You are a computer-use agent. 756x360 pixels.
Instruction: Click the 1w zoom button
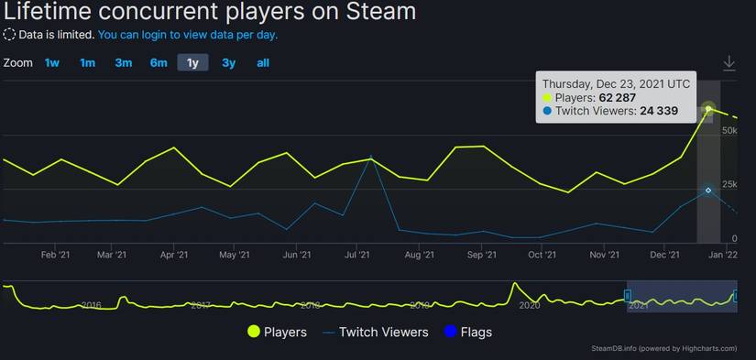pos(52,63)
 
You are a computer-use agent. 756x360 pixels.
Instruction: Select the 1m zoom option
pos(87,63)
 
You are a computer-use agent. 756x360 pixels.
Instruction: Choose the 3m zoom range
pos(123,63)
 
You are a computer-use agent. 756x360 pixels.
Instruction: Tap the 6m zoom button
pos(159,63)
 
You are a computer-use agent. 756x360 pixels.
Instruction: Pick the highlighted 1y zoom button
pos(192,63)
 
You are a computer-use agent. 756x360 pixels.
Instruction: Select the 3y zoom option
pos(228,63)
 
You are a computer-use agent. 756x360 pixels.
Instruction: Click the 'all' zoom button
pos(263,63)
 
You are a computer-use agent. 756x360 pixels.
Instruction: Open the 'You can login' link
pos(188,35)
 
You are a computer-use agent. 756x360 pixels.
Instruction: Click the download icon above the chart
pos(729,63)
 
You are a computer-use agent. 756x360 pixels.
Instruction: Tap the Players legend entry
pos(277,332)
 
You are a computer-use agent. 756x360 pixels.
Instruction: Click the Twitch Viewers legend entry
pos(375,332)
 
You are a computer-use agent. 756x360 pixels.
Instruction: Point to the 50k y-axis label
pos(730,132)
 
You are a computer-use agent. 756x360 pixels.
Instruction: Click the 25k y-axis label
pos(730,185)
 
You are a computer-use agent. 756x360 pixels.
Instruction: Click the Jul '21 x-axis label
pos(356,256)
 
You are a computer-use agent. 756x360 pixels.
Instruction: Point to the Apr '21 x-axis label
pos(173,256)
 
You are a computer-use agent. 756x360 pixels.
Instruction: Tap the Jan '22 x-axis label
pos(724,256)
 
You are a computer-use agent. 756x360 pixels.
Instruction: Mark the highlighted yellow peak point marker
pos(708,109)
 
